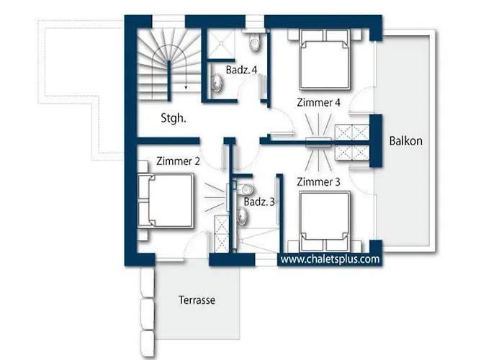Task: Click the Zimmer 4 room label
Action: click(318, 102)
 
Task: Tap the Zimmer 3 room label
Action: click(318, 182)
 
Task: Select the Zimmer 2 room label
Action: click(178, 161)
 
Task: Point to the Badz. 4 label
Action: click(241, 70)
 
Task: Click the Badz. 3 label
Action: click(259, 202)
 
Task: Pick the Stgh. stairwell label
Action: click(174, 118)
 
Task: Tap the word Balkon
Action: click(405, 141)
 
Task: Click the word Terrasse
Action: click(197, 300)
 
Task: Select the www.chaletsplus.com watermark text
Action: click(330, 259)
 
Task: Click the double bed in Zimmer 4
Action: click(324, 60)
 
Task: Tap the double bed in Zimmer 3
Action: click(325, 222)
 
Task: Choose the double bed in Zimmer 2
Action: click(166, 201)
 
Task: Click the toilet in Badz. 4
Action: click(254, 42)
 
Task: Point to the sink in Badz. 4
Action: click(216, 83)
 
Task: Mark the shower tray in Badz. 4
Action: click(221, 43)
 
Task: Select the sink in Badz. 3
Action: click(242, 216)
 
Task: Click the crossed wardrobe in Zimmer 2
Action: click(222, 234)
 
